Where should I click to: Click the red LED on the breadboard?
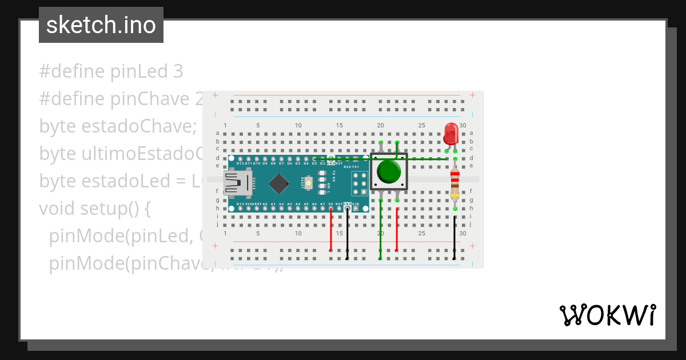(x=450, y=134)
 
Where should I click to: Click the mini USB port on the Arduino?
(x=238, y=183)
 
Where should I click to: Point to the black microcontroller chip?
(x=278, y=183)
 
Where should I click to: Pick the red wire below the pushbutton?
(x=397, y=229)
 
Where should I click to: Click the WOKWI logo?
(x=607, y=315)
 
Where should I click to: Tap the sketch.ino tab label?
(x=101, y=25)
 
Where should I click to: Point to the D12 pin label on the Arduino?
(x=241, y=163)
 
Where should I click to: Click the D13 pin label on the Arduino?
(x=240, y=204)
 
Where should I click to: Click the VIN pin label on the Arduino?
(x=356, y=204)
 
